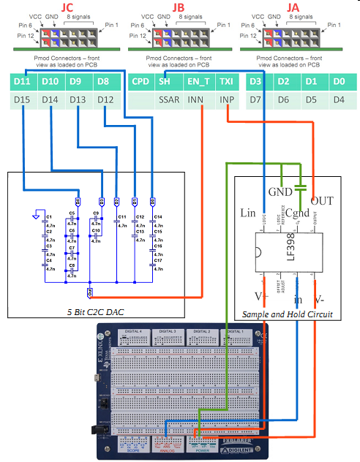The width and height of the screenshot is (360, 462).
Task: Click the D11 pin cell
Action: point(22,80)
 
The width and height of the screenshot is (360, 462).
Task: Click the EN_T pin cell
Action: point(198,80)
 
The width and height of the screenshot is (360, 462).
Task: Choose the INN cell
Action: point(196,99)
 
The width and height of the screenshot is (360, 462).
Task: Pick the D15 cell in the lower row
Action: point(22,99)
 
